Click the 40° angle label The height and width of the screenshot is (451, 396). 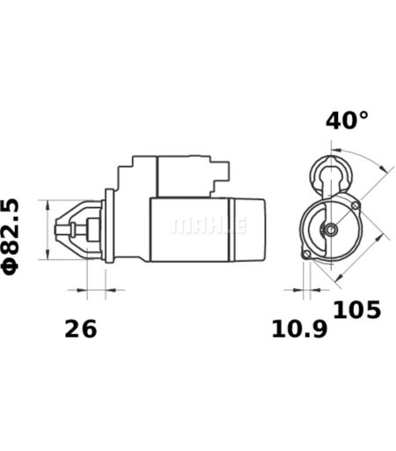[347, 121]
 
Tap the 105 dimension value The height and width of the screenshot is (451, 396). [357, 310]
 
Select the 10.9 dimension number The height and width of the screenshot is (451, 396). [299, 329]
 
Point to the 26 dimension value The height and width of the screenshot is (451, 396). [80, 329]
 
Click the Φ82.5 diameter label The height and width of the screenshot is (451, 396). [11, 237]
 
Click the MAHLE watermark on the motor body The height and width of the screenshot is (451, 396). [209, 225]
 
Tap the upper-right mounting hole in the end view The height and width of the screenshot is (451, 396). [356, 205]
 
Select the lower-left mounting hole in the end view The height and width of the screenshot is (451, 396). [307, 255]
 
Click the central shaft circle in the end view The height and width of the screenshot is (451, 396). [331, 229]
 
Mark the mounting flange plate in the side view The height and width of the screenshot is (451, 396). [109, 225]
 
